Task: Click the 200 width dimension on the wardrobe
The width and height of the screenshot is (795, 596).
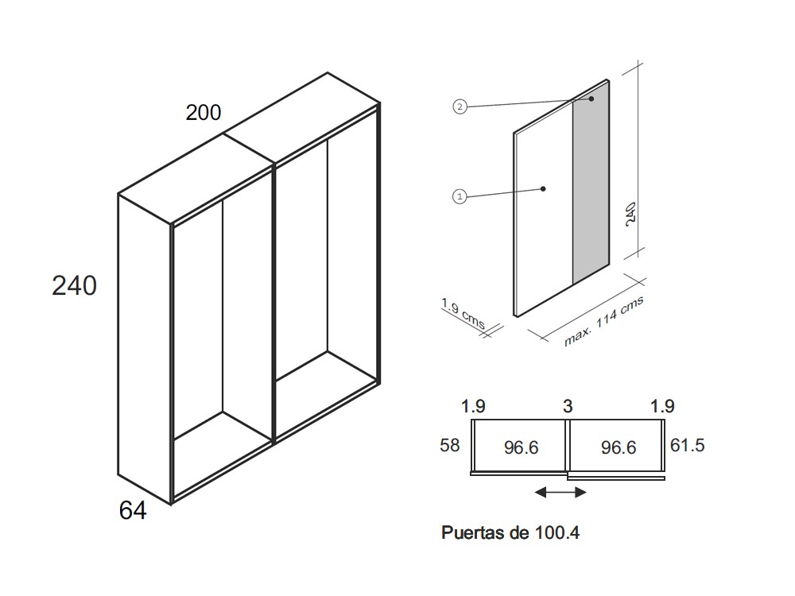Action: (204, 113)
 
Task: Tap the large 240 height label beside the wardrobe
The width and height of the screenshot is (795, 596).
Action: (74, 285)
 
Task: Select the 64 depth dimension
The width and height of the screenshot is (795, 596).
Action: (133, 510)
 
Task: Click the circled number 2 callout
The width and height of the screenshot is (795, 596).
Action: (460, 107)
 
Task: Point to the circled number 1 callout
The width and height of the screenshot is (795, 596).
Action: (460, 196)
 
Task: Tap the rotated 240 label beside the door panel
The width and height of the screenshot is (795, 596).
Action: (630, 214)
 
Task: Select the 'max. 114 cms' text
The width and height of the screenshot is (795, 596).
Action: (604, 321)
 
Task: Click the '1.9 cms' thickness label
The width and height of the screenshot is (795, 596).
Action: (463, 314)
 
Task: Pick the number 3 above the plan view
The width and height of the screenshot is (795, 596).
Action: (568, 406)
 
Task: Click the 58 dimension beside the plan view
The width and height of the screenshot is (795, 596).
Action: (450, 446)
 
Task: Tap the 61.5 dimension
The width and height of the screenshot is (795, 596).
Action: (688, 445)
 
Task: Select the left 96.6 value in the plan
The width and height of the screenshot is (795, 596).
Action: (522, 447)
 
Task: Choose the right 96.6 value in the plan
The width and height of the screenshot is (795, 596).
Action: (619, 447)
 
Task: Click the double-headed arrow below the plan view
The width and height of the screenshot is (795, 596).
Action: (560, 492)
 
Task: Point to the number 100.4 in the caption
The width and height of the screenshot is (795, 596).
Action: (557, 532)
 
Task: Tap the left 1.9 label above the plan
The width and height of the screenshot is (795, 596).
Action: (473, 406)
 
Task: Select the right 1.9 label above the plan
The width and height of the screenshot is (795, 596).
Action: (662, 406)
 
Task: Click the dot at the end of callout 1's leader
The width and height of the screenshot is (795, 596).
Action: (543, 189)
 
